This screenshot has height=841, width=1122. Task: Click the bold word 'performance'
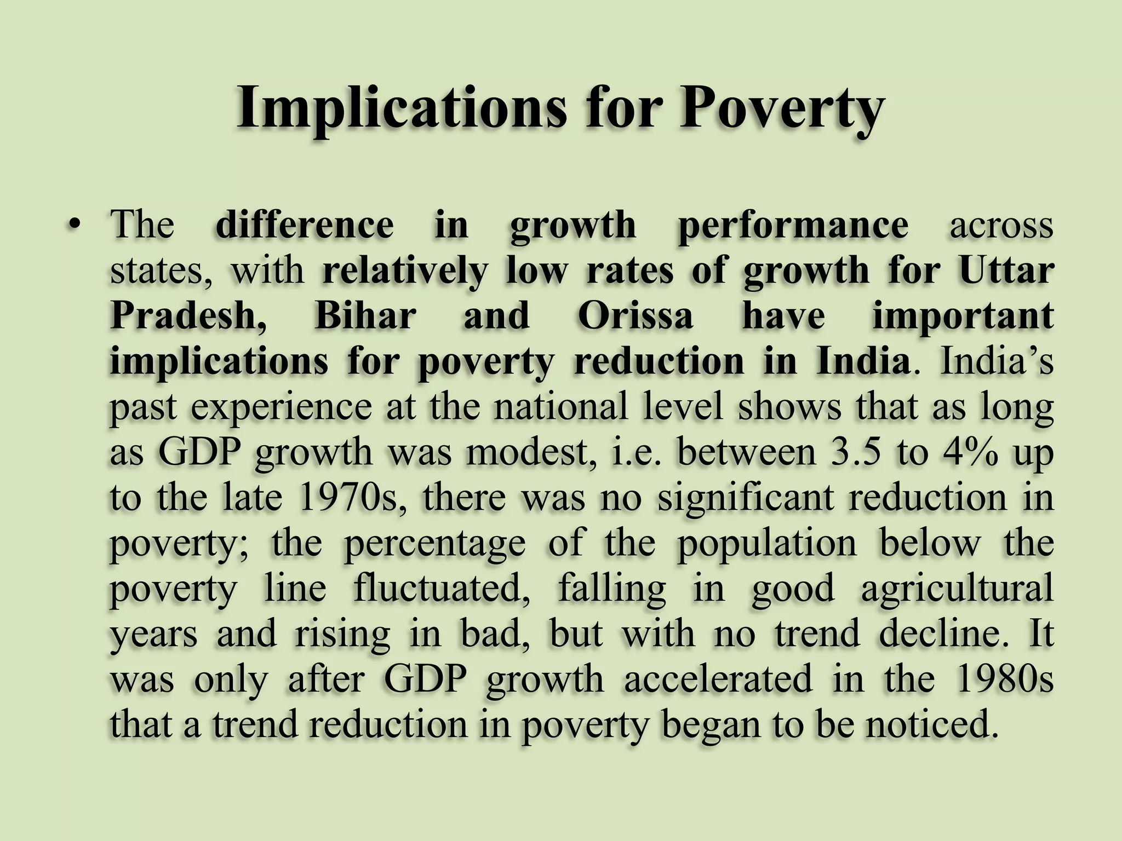793,226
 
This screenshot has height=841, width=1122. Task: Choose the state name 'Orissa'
636,316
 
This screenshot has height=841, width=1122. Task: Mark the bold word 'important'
963,316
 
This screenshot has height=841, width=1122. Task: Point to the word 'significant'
745,498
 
